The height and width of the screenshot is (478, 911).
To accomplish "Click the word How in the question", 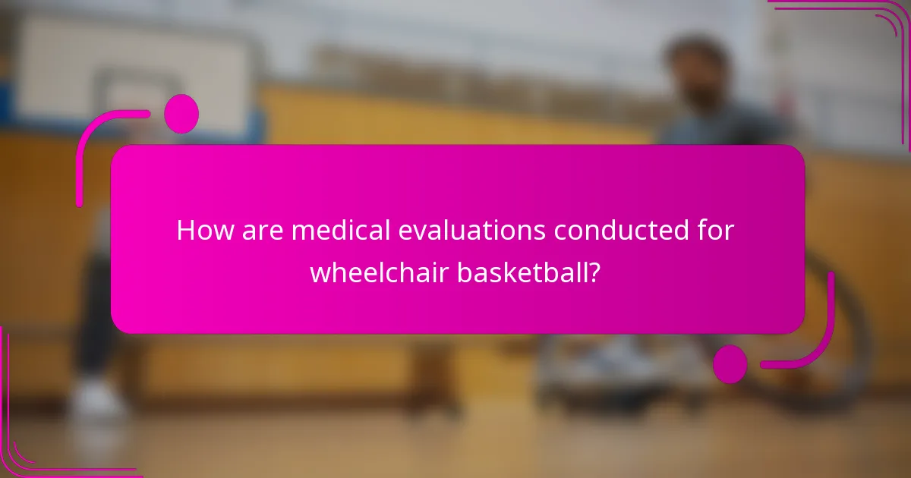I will tap(199, 231).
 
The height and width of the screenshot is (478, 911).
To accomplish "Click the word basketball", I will tap(521, 272).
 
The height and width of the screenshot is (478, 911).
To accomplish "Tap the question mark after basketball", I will tap(596, 272).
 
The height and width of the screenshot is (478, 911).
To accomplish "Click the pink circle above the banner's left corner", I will tap(181, 114).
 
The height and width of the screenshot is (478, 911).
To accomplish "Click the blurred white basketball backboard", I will tap(129, 68).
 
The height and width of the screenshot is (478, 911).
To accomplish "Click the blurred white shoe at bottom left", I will tap(96, 398).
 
